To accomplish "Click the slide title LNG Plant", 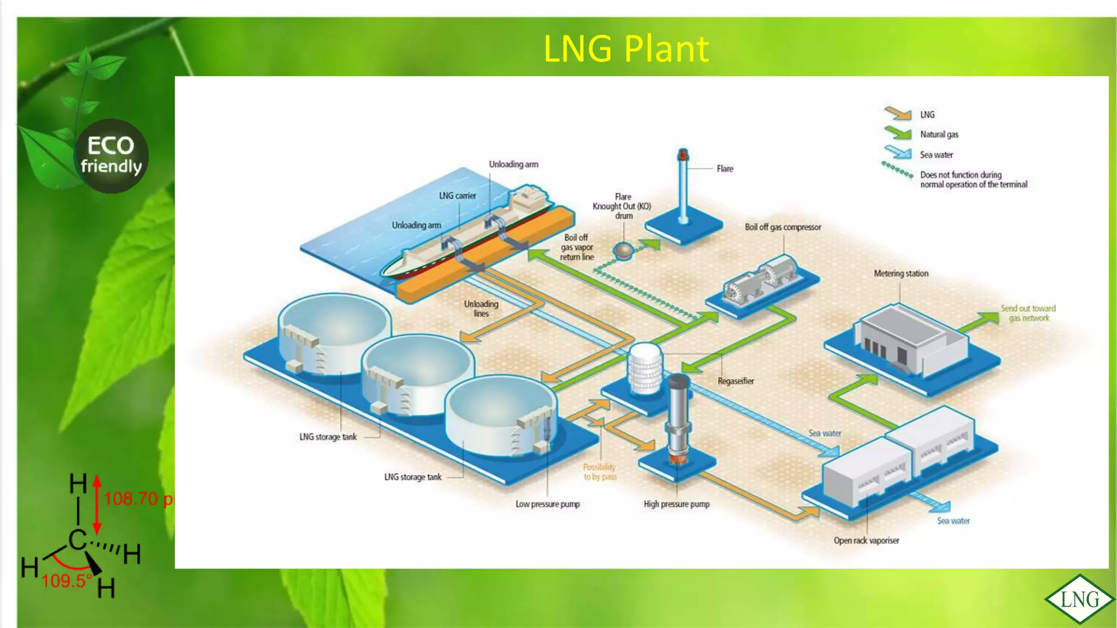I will [x=626, y=49].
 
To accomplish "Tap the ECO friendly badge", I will [x=111, y=155].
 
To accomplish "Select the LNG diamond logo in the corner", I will [x=1079, y=600].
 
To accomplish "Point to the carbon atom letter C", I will [x=77, y=540].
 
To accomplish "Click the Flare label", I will [x=724, y=169].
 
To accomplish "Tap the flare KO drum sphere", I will [x=623, y=250].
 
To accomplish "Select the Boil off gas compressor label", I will [x=783, y=227].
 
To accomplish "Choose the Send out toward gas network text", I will [x=1028, y=313].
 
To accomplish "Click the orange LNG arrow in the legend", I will [x=898, y=113].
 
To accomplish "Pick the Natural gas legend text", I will [x=939, y=135].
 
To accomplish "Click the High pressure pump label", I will [x=676, y=504].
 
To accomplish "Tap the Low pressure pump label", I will [x=548, y=504].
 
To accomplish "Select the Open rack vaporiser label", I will [x=866, y=541].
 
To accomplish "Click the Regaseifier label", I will [x=735, y=381].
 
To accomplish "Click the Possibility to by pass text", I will [x=599, y=472].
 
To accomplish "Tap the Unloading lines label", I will [x=481, y=309].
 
